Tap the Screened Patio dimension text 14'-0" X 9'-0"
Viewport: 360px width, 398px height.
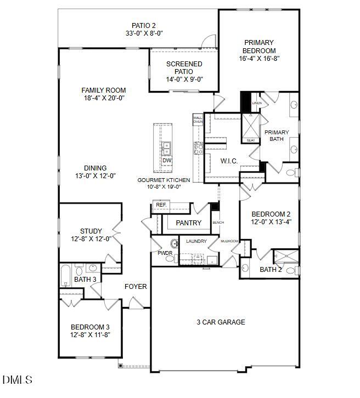184,79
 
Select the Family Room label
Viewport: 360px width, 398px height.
104,90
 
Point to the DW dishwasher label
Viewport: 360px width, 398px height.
167,161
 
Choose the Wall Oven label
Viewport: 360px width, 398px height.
198,119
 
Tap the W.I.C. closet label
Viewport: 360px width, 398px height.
229,161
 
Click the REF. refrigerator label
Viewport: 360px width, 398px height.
161,205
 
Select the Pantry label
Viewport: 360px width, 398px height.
189,223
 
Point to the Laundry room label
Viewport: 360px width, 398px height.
196,241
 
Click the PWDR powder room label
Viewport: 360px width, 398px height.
165,253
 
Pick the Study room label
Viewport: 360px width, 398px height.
91,231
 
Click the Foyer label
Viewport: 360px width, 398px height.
135,286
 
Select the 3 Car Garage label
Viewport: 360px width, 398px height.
221,322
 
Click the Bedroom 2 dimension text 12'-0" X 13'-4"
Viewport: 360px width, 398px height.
271,222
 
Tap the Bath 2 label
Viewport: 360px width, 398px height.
270,270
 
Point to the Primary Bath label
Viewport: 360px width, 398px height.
277,135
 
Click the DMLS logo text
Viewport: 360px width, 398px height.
17,379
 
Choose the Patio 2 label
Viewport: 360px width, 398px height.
144,25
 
